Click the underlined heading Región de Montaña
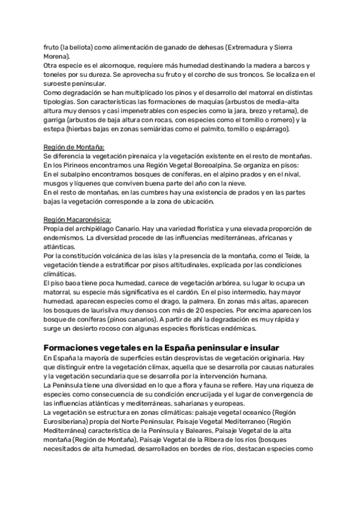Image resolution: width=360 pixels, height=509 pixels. click(74, 147)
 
